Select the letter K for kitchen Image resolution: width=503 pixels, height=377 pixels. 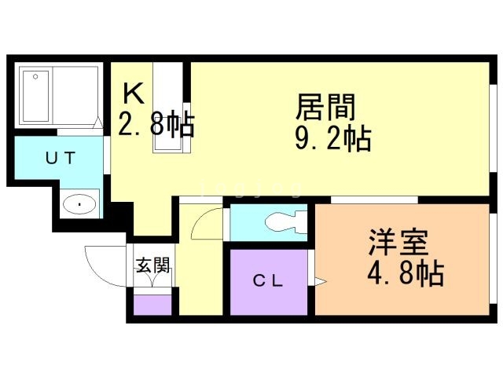[134, 94]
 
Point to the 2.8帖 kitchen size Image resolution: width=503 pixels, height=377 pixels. [156, 124]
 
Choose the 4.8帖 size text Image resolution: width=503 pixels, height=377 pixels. [406, 274]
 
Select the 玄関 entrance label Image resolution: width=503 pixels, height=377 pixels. [152, 265]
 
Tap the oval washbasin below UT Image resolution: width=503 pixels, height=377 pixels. [80, 205]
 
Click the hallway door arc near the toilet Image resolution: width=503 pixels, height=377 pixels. [206, 225]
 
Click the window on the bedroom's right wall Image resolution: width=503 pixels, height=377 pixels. [494, 259]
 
